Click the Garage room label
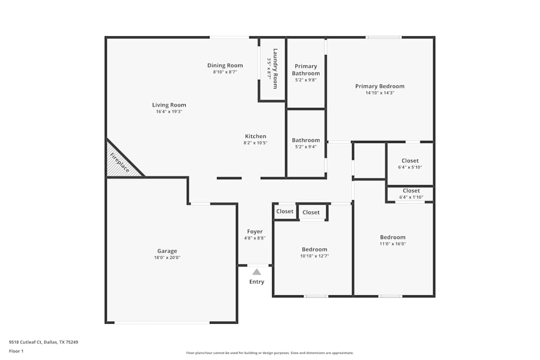point(167,251)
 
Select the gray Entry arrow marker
point(256,272)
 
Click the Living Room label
point(169,105)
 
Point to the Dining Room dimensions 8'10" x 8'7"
point(225,72)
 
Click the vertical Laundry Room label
point(275,69)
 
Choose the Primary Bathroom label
point(306,70)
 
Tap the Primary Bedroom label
point(380,86)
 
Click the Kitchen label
point(255,137)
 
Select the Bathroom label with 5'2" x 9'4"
point(306,140)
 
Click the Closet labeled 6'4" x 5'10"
point(410,161)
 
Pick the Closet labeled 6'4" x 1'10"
point(411,191)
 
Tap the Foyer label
point(255,232)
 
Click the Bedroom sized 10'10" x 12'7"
point(314,250)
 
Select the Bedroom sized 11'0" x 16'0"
point(393,237)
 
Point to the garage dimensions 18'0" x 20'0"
point(167,258)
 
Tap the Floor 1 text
point(16,351)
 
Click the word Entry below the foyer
point(256,282)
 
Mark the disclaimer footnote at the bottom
point(270,353)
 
